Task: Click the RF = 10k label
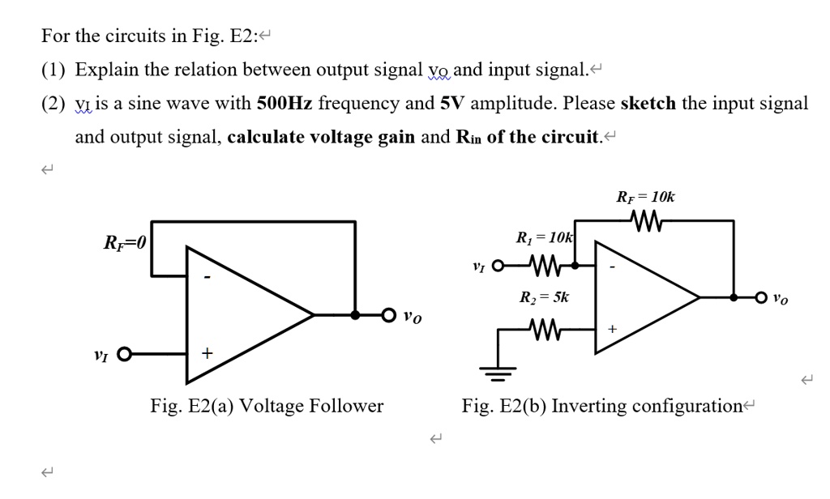645,196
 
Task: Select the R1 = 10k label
544,238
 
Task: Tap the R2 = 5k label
544,297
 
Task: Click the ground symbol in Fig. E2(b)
497,373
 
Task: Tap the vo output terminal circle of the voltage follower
390,315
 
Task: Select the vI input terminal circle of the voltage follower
124,354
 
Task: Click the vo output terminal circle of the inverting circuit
761,297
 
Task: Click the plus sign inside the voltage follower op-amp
208,354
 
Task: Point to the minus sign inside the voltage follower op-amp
207,278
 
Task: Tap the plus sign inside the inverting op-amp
612,330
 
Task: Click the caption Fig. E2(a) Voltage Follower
267,406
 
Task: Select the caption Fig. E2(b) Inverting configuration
602,406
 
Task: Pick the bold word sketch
648,104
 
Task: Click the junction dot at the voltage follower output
355,315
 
